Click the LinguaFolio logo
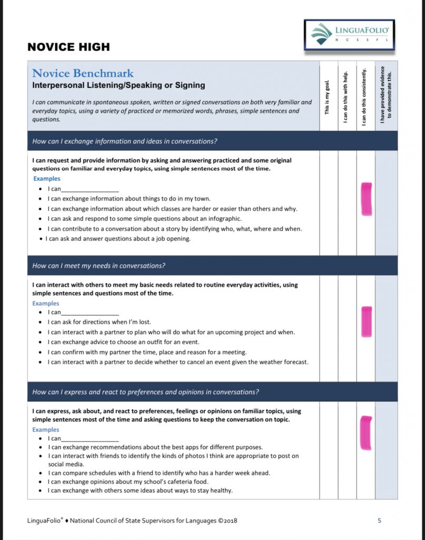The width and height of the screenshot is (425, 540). click(x=349, y=35)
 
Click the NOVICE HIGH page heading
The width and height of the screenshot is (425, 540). click(x=68, y=47)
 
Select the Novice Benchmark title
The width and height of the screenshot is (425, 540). click(x=83, y=73)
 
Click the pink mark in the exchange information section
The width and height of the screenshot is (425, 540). click(x=366, y=199)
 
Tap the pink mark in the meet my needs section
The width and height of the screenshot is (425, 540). click(x=366, y=322)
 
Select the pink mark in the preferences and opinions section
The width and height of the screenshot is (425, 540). click(x=365, y=433)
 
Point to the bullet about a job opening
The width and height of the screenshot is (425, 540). click(x=118, y=239)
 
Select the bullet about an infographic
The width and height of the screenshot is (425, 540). click(x=144, y=219)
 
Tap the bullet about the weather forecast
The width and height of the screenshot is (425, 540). click(x=177, y=362)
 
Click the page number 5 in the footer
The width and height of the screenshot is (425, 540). click(x=379, y=521)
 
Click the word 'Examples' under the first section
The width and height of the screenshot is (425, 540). click(x=46, y=179)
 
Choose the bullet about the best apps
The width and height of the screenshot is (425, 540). click(x=155, y=447)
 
